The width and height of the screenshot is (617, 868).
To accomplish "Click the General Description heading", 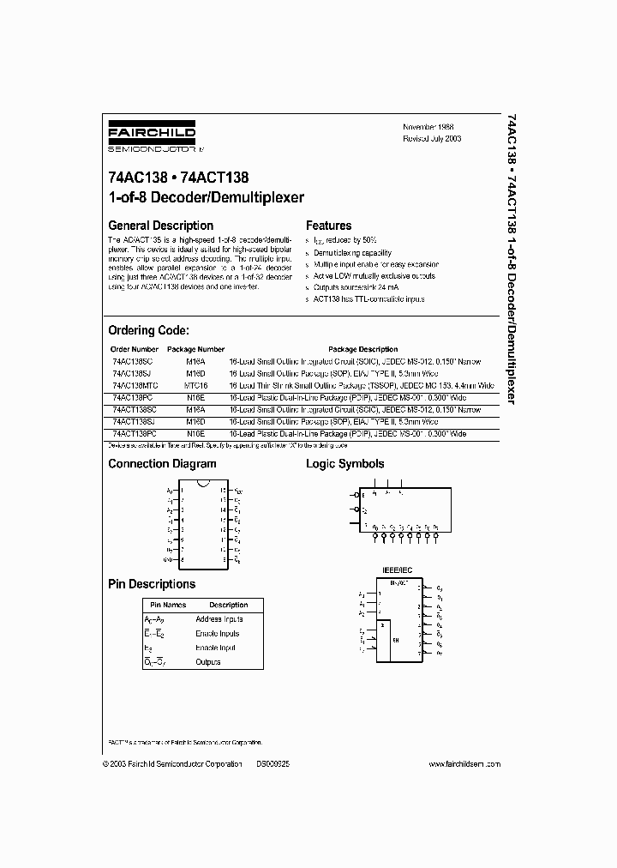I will (x=160, y=226).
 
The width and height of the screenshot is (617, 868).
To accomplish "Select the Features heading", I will (x=329, y=226).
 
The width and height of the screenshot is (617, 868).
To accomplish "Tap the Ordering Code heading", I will (x=148, y=330).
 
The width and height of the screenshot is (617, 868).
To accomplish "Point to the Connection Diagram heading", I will (x=162, y=464).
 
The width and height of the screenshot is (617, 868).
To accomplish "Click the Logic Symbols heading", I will (x=345, y=464).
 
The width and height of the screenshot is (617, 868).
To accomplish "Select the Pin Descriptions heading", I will (x=152, y=584).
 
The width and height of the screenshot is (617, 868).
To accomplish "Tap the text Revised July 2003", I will (x=433, y=137).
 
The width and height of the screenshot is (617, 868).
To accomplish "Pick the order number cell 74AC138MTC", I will (x=135, y=386).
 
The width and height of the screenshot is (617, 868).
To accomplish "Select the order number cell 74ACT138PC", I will (x=134, y=435).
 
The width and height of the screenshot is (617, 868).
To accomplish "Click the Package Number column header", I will (x=195, y=349).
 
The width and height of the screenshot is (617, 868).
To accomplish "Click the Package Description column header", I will (x=364, y=349).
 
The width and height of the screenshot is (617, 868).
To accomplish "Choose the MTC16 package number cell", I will (x=195, y=386).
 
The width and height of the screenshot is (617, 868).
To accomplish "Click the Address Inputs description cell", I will (x=219, y=619).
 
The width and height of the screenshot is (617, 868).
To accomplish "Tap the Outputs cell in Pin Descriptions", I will (x=208, y=662).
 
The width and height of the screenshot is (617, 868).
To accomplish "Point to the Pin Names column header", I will (x=162, y=605).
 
